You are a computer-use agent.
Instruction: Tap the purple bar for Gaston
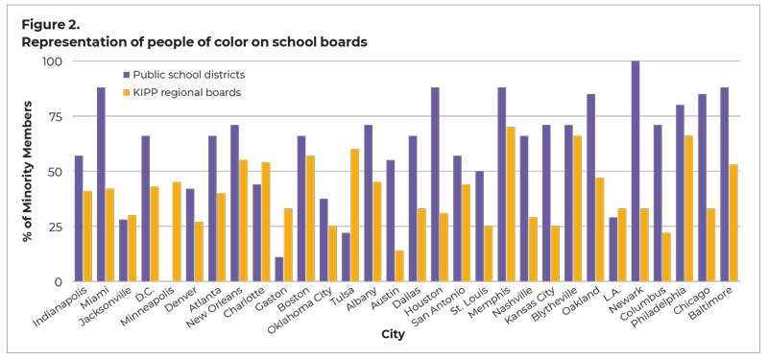coord(279,269)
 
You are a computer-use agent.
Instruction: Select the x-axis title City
coord(395,336)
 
